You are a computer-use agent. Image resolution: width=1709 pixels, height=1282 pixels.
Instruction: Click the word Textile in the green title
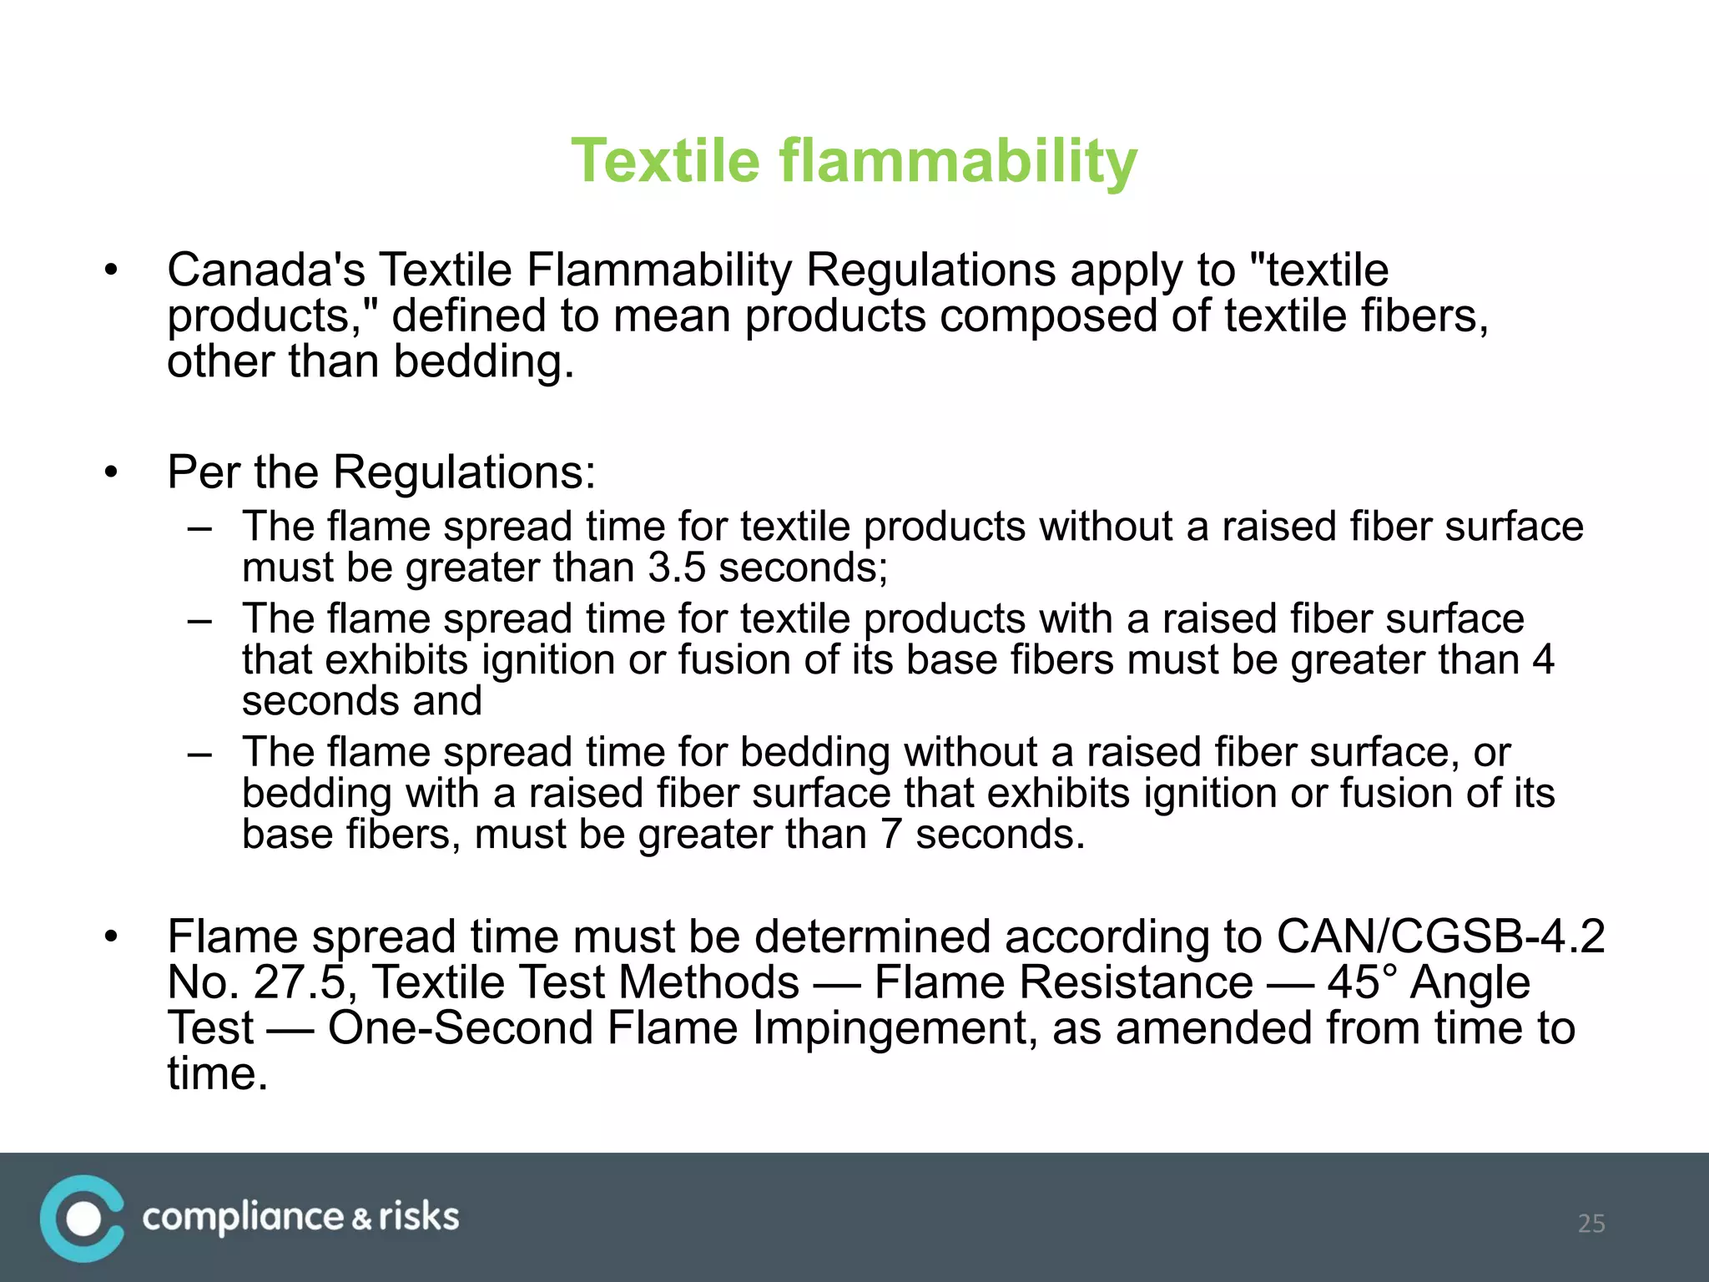tap(665, 160)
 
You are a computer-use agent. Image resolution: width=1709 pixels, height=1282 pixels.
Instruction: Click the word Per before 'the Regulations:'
tap(201, 472)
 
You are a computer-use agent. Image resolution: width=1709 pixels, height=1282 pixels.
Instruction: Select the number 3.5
tap(676, 568)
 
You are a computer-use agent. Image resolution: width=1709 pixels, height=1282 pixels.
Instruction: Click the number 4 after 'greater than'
tap(1543, 659)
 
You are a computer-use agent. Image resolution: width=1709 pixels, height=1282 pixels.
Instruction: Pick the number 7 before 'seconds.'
tap(891, 834)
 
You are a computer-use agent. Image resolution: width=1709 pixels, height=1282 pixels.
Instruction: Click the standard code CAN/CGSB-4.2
tap(1440, 936)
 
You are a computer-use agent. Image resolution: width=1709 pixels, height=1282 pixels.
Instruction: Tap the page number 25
tap(1591, 1224)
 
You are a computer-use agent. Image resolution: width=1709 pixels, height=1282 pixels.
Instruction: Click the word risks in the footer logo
tap(419, 1217)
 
